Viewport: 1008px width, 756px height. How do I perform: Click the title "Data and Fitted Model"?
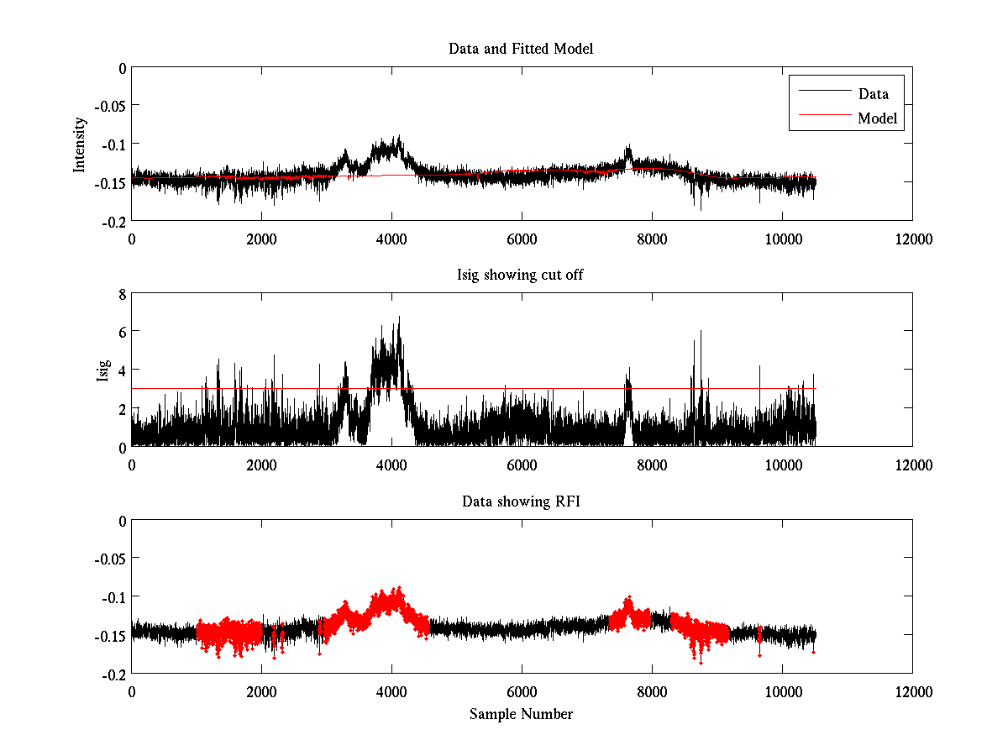[x=521, y=49]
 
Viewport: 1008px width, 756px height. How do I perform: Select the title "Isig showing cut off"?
[x=521, y=276]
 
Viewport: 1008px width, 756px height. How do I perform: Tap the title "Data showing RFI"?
[x=521, y=501]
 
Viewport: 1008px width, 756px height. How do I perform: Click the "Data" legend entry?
[x=873, y=94]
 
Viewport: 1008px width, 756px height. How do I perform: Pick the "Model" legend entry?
[x=877, y=118]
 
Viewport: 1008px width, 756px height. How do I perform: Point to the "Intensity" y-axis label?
[x=80, y=144]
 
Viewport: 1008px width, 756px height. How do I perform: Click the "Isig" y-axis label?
[x=102, y=370]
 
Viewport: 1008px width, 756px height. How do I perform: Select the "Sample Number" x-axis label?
[x=521, y=714]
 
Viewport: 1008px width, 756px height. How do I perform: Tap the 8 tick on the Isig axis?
[x=122, y=294]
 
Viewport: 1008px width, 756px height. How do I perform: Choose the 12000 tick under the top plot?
[x=912, y=239]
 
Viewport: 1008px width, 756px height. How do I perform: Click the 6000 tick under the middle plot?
[x=522, y=465]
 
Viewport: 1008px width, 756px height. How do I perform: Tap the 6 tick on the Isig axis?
[x=122, y=332]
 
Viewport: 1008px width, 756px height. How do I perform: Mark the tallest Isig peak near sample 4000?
[x=399, y=318]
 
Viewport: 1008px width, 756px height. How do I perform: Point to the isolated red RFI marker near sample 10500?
[x=813, y=652]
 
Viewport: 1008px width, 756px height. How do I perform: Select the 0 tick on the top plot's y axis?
[x=122, y=68]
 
